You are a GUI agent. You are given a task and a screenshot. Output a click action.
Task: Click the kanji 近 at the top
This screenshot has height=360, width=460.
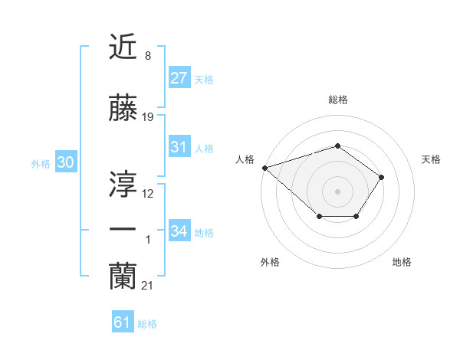pyautogui.click(x=123, y=48)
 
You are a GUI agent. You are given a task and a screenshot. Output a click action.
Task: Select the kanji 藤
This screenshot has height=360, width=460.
pyautogui.click(x=123, y=110)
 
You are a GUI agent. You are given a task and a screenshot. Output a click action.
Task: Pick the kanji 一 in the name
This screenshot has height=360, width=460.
pyautogui.click(x=123, y=229)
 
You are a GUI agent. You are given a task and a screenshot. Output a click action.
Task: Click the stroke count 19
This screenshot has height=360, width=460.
pyautogui.click(x=148, y=118)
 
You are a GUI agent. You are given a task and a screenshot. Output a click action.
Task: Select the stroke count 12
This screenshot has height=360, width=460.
pyautogui.click(x=148, y=194)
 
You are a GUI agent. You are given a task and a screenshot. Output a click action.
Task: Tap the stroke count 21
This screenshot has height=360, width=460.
pyautogui.click(x=148, y=286)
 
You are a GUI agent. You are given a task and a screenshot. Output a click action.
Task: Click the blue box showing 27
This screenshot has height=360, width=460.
pyautogui.click(x=179, y=78)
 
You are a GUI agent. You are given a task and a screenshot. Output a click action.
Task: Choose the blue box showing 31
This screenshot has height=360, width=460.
pyautogui.click(x=179, y=147)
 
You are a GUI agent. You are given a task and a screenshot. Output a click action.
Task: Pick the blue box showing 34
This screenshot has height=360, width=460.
pyautogui.click(x=179, y=231)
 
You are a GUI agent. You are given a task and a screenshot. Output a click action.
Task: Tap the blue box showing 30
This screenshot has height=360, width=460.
pyautogui.click(x=65, y=162)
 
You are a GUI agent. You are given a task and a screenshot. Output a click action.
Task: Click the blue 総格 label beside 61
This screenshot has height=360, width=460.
pyautogui.click(x=147, y=324)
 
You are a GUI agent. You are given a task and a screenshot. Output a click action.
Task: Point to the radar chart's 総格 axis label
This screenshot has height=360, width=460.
pyautogui.click(x=338, y=100)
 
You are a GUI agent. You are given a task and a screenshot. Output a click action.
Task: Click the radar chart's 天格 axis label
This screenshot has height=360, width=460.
pyautogui.click(x=432, y=159)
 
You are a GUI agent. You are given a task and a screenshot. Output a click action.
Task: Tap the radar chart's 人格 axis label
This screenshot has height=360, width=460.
pyautogui.click(x=245, y=159)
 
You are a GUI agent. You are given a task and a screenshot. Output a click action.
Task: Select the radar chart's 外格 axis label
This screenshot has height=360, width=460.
pyautogui.click(x=270, y=262)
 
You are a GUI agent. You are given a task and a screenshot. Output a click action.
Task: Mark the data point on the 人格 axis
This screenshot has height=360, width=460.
pyautogui.click(x=264, y=167)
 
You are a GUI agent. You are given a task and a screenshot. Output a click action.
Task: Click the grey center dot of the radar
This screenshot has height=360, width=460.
pyautogui.click(x=338, y=191)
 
